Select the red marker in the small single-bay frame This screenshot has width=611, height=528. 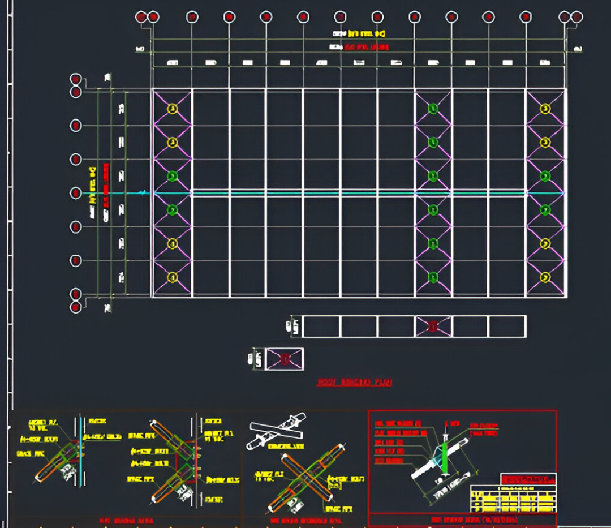285,358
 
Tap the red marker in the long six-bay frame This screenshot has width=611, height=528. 433,327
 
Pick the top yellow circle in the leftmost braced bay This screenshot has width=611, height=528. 173,108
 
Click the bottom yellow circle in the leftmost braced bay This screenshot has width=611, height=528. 173,277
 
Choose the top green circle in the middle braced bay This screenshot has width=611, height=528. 433,108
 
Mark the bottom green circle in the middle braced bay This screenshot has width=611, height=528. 433,277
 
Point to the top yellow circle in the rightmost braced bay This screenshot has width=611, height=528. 545,108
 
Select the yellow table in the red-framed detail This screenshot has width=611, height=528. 513,499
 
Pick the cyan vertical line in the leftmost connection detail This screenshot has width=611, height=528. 81,447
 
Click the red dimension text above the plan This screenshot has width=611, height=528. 360,48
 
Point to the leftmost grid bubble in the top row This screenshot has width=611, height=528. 141,17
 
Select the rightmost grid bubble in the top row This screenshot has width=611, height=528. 576,17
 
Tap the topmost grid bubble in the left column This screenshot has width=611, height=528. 75,79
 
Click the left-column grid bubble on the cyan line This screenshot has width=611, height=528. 75,193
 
